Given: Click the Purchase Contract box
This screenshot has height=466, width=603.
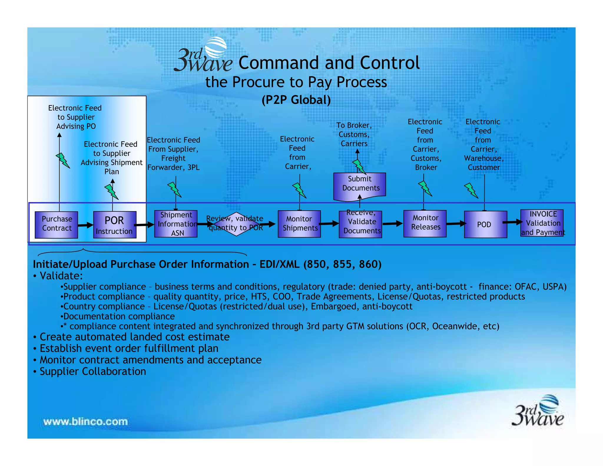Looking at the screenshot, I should (56, 225).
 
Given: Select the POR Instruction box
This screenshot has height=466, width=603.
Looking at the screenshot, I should (115, 225).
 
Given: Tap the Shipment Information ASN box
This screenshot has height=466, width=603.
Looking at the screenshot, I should (176, 224).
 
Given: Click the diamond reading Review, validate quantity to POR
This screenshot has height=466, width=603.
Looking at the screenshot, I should (236, 224).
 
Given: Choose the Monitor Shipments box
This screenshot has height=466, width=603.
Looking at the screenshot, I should (299, 224).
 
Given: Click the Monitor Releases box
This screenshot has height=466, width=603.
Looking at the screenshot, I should (425, 224).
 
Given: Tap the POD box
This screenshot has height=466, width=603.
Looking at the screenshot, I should (485, 224).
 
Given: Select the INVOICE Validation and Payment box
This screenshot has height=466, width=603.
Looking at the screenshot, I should (542, 223).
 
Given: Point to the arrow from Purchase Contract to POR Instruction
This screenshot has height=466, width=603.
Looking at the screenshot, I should (85, 225).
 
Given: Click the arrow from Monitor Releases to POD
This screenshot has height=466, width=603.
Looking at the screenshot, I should (456, 224).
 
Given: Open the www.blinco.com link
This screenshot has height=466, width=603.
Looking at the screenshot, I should (86, 421).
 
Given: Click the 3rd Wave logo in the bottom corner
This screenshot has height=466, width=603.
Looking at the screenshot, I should (538, 411).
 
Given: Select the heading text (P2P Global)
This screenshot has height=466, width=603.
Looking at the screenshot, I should (296, 100).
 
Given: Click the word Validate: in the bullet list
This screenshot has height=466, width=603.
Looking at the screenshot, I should (61, 276).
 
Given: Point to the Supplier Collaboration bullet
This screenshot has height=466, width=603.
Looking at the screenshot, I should (93, 371).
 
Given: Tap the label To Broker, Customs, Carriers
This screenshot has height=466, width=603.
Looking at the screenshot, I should (354, 134).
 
